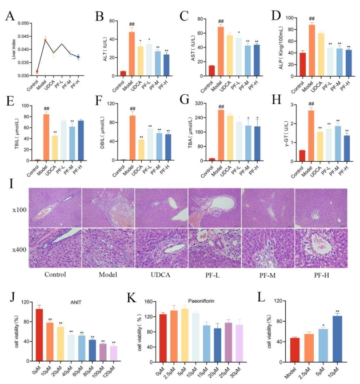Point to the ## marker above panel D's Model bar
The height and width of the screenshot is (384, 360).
tap(312, 19)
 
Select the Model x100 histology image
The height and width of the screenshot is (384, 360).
tap(107, 206)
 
